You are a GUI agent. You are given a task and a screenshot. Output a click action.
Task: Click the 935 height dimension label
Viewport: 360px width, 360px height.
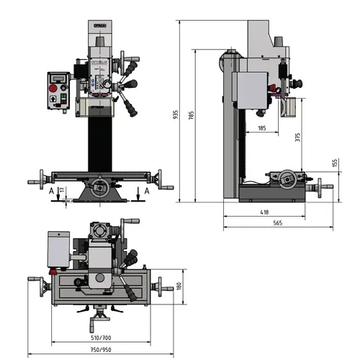click(175, 114)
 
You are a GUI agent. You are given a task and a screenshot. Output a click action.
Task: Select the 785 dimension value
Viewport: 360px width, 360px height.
click(190, 114)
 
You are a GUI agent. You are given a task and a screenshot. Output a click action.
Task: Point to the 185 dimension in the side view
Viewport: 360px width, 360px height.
click(261, 128)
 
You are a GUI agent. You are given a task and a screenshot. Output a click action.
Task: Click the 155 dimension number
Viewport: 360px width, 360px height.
click(336, 163)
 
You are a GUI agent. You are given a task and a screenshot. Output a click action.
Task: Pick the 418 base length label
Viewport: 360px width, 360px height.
click(264, 212)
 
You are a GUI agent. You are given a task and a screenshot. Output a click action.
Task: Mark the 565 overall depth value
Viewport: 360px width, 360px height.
click(278, 224)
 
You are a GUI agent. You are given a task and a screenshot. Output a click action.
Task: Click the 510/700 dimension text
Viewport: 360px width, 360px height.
click(101, 337)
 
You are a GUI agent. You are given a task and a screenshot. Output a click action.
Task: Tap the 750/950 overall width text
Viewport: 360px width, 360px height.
click(101, 350)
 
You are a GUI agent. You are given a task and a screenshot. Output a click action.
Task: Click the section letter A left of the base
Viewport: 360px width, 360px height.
click(50, 191)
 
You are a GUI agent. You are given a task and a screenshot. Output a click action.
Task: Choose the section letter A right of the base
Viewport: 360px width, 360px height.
click(146, 191)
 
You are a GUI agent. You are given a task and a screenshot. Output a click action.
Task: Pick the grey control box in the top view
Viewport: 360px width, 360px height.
click(57, 249)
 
